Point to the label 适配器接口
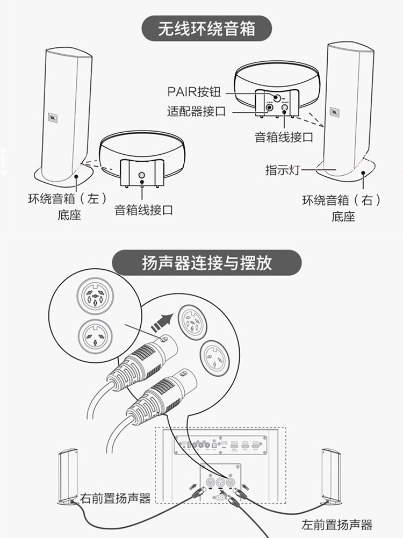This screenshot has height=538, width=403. click(196, 111)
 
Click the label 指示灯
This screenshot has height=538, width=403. click(282, 170)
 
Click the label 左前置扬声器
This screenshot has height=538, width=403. click(337, 524)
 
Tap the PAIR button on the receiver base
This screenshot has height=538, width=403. click(275, 98)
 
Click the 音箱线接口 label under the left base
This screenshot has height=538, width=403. click(143, 210)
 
